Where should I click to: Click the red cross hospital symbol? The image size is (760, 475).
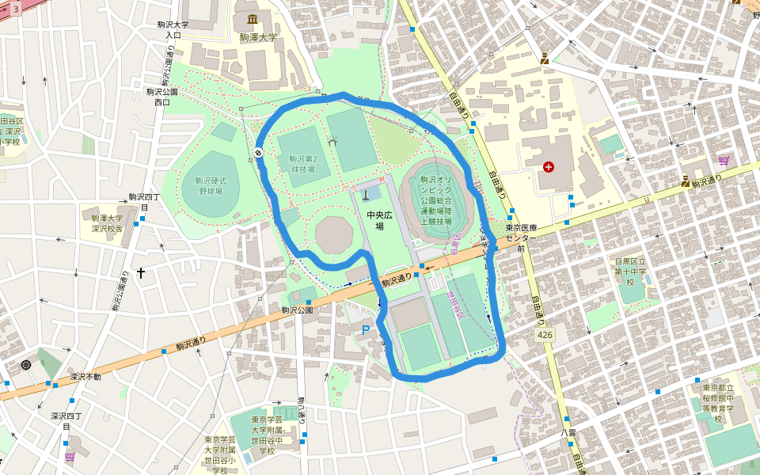click(549, 167)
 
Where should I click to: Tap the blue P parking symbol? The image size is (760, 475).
click(365, 330)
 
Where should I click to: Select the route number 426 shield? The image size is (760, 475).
click(544, 336)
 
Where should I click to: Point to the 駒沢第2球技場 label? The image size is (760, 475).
click(302, 164)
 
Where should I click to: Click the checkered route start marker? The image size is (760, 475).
click(259, 153)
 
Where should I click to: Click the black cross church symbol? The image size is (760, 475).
click(141, 273)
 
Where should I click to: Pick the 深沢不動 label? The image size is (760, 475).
click(85, 377)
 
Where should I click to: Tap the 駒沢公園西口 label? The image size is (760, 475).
click(161, 97)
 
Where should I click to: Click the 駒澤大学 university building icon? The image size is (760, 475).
click(253, 19)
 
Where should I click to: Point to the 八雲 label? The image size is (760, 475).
click(567, 433)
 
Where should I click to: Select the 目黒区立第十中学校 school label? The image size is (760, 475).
click(631, 270)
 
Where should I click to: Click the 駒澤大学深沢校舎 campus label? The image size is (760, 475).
click(107, 223)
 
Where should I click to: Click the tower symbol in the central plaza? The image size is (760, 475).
click(366, 192)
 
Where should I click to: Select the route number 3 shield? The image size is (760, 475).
click(15, 8)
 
